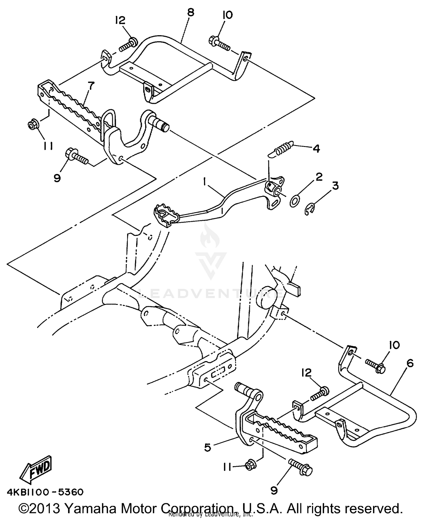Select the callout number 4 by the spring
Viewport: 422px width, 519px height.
tap(316, 148)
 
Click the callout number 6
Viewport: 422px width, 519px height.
tap(410, 364)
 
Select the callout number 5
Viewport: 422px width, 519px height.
tap(208, 448)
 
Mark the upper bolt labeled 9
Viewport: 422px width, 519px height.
tap(76, 157)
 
